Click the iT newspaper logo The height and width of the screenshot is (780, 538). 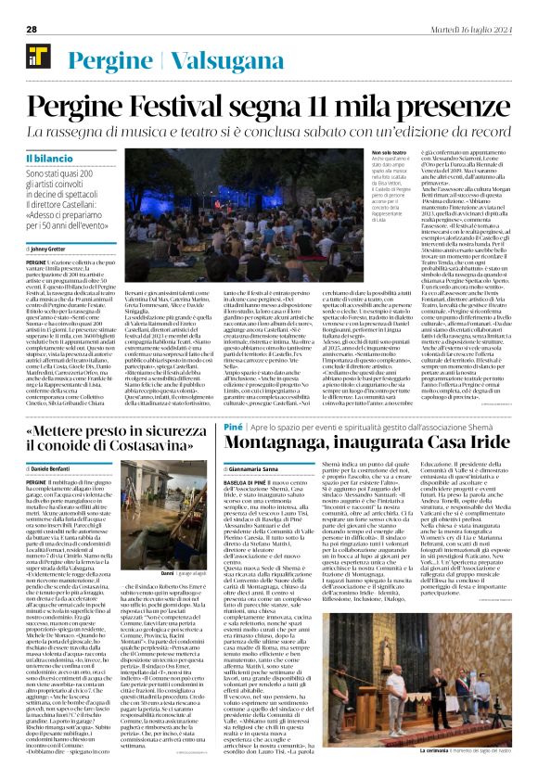click(x=37, y=59)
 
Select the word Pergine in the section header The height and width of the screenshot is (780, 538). click(x=101, y=58)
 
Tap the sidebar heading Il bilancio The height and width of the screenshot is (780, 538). click(x=56, y=160)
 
